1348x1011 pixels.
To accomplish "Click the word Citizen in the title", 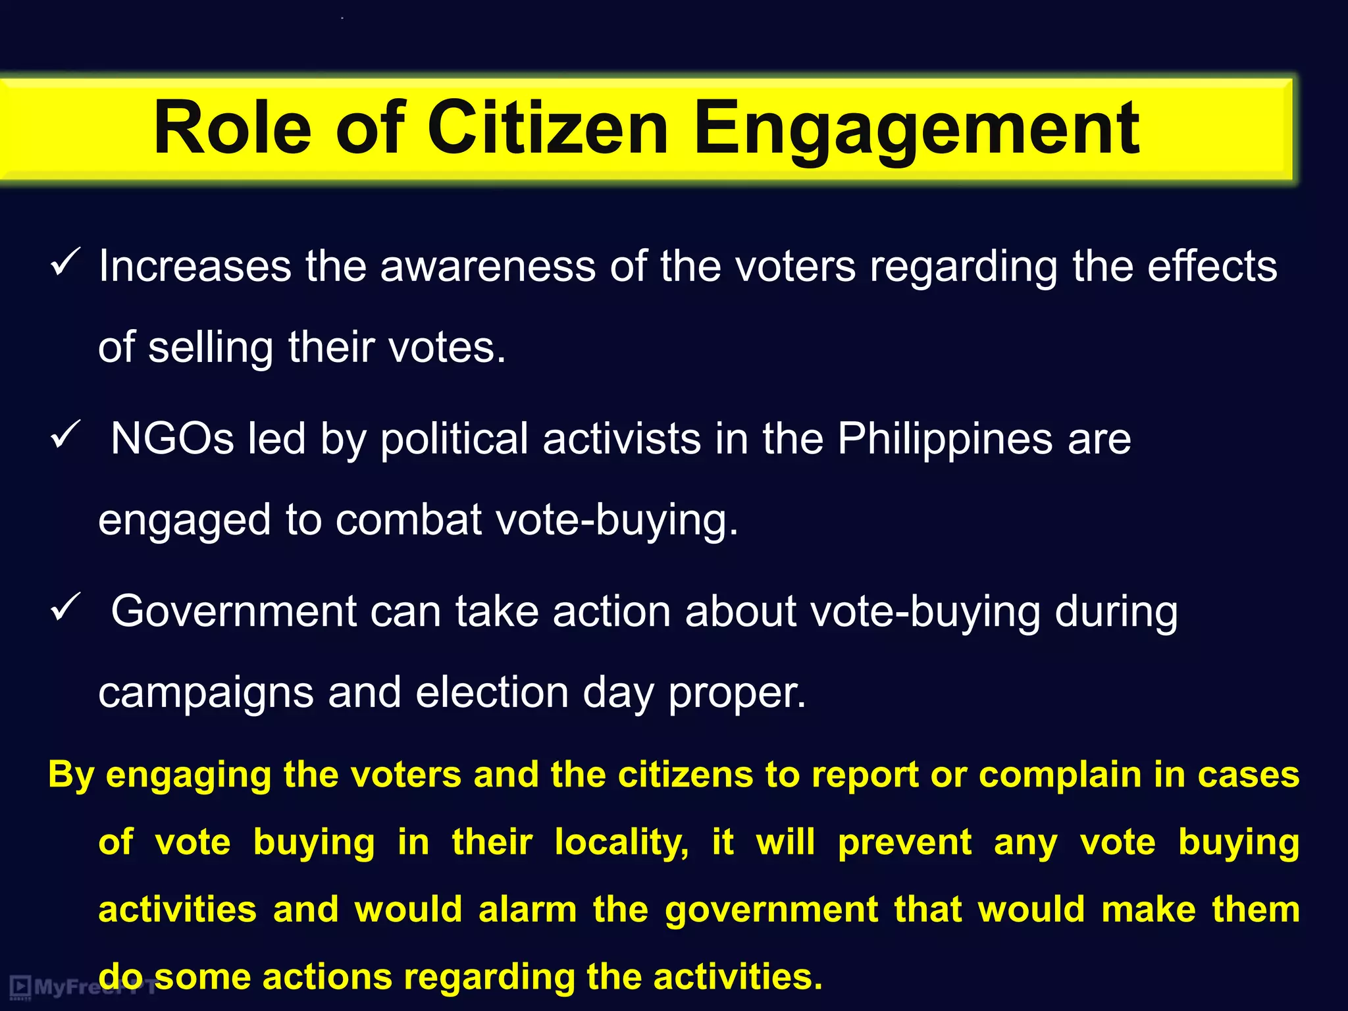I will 548,128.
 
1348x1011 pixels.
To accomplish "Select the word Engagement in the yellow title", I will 916,129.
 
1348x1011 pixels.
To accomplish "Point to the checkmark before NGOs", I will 65,435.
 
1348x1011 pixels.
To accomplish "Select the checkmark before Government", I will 65,607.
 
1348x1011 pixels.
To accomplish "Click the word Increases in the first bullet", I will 195,267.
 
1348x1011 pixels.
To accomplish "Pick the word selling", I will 211,348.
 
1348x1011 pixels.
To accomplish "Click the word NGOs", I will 172,439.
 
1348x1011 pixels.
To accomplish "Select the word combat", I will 408,520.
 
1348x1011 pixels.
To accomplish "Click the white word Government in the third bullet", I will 233,611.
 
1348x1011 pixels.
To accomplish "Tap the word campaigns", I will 205,694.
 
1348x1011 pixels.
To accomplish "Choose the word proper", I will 737,694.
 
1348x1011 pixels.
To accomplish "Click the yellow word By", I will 71,775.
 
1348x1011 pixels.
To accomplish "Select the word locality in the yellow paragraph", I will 621,843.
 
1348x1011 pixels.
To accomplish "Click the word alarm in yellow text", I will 527,910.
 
